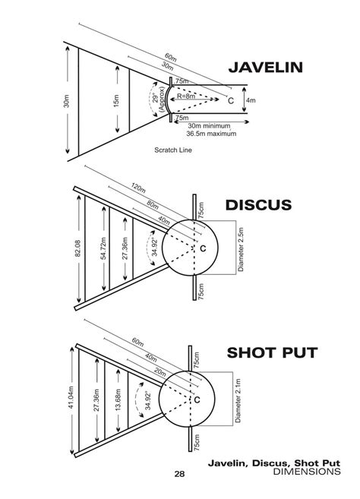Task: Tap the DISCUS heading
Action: click(x=258, y=205)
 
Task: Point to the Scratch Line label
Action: click(x=173, y=150)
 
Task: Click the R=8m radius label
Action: click(x=187, y=96)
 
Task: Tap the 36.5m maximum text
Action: click(x=211, y=134)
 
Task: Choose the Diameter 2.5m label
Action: click(x=236, y=248)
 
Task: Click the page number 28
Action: click(x=179, y=474)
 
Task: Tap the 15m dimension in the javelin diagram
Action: click(x=116, y=100)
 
